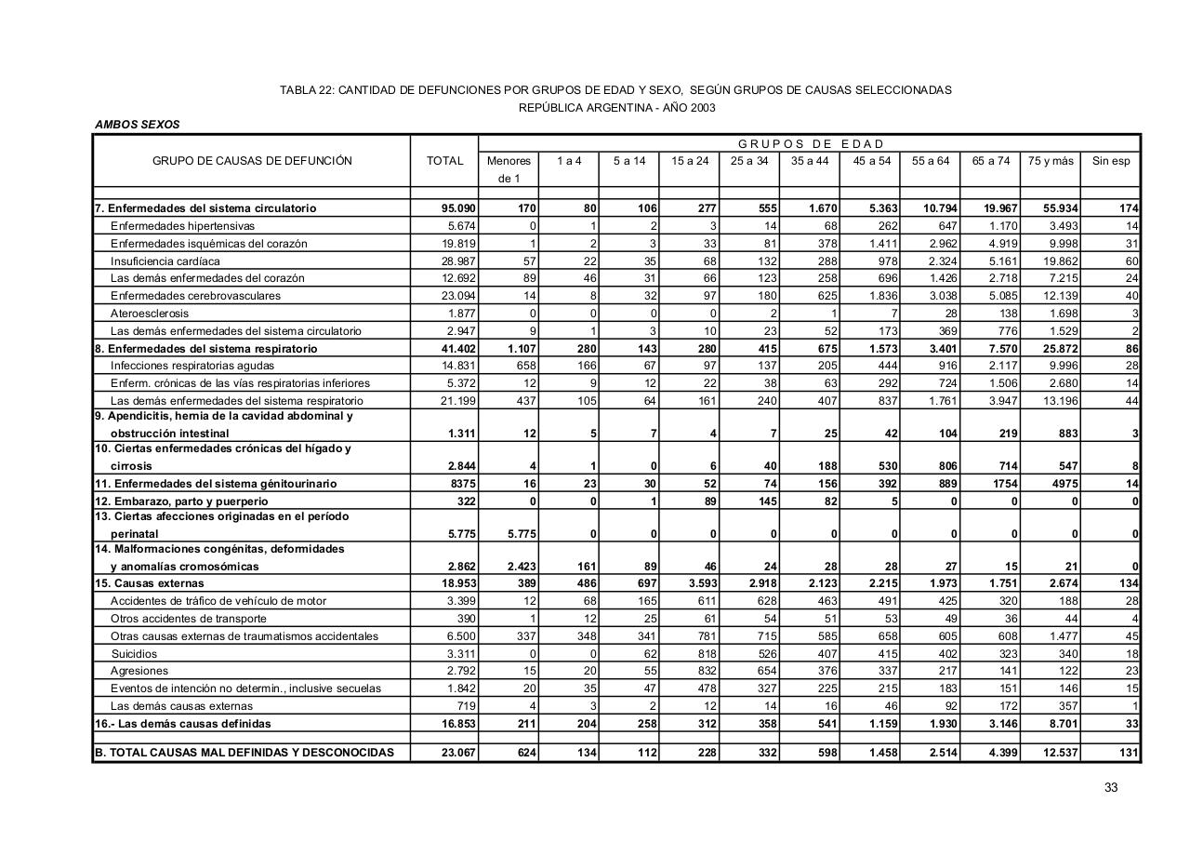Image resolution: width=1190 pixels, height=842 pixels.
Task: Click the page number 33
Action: pyautogui.click(x=1110, y=788)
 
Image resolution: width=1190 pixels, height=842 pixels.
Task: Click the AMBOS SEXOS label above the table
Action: pyautogui.click(x=137, y=124)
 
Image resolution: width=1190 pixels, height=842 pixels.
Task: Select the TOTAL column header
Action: pyautogui.click(x=444, y=161)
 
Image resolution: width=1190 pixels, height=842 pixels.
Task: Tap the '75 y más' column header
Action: pyautogui.click(x=1051, y=161)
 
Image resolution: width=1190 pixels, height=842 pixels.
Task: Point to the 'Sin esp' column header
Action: pyautogui.click(x=1111, y=161)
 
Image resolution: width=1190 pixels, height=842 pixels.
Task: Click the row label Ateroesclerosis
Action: pyautogui.click(x=149, y=314)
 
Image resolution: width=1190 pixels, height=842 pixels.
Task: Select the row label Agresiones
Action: pyautogui.click(x=139, y=671)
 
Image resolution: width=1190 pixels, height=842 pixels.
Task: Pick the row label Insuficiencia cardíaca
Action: pyautogui.click(x=165, y=261)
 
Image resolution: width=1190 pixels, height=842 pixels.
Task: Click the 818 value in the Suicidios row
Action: pyautogui.click(x=706, y=653)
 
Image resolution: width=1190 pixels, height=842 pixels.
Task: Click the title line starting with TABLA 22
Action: pyautogui.click(x=615, y=90)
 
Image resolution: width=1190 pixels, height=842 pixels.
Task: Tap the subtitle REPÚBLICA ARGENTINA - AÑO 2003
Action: pyautogui.click(x=616, y=107)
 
